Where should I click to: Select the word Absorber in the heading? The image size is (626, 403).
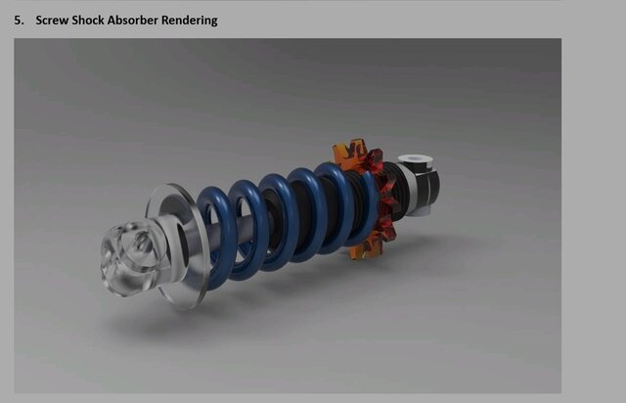coord(147,20)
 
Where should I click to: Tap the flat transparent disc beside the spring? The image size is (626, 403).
coord(176,246)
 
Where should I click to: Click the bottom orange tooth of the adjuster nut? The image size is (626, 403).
coord(365,250)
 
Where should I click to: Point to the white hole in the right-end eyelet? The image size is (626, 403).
coord(412,157)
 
